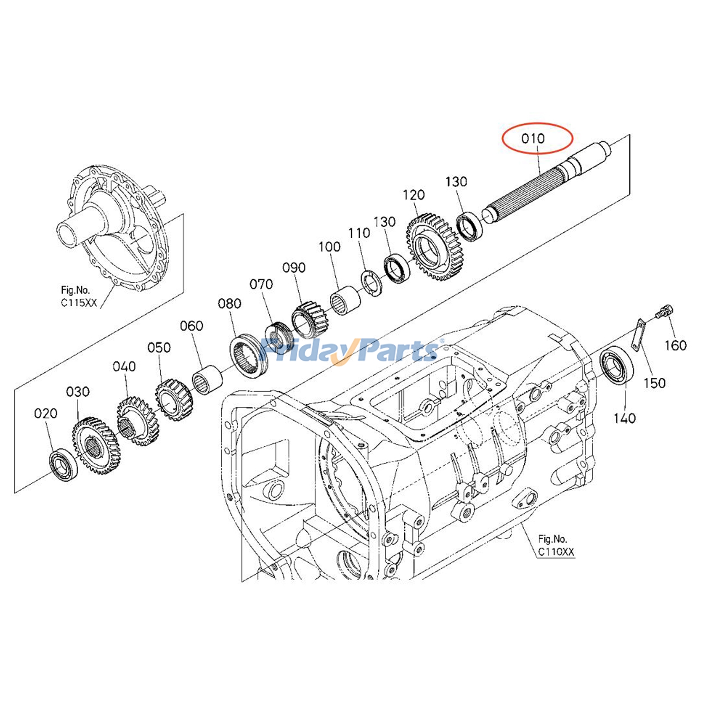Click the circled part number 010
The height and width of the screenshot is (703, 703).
click(x=533, y=138)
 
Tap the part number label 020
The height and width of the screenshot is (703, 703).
click(x=45, y=413)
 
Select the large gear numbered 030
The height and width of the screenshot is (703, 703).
click(x=95, y=446)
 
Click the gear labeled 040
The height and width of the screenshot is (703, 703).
click(x=136, y=421)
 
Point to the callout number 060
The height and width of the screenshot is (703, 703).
click(x=192, y=326)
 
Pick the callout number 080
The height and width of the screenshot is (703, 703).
click(x=229, y=303)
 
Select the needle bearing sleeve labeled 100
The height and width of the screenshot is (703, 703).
click(x=345, y=300)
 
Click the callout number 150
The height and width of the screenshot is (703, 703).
click(x=654, y=383)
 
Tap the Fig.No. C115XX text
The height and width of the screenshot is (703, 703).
click(x=78, y=296)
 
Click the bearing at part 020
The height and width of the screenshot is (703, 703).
click(x=63, y=464)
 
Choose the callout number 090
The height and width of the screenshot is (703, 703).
click(x=294, y=267)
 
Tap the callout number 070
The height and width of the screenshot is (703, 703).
click(x=261, y=284)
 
